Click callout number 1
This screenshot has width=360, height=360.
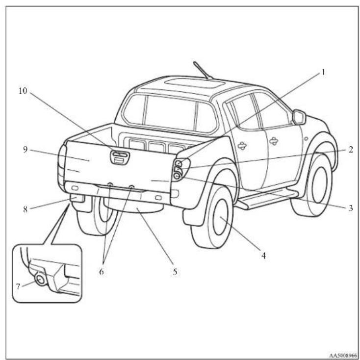click(x=323, y=72)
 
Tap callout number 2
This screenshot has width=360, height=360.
click(x=350, y=150)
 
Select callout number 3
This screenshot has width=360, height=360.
click(x=351, y=208)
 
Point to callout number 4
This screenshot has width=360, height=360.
click(x=263, y=256)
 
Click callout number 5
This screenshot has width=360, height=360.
click(x=175, y=272)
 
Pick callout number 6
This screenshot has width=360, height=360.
click(x=101, y=272)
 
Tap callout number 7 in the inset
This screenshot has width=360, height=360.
click(x=18, y=286)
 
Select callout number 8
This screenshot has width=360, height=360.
click(x=25, y=209)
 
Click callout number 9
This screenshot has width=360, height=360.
click(x=25, y=150)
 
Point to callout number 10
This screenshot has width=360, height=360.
click(x=23, y=91)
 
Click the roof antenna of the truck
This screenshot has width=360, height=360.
click(x=203, y=71)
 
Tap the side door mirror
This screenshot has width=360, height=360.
click(x=299, y=117)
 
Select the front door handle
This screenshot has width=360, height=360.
click(x=274, y=141)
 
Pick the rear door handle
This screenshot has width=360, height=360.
click(x=242, y=145)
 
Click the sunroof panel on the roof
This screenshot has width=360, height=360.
click(x=194, y=83)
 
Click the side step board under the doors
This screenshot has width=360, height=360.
click(x=267, y=199)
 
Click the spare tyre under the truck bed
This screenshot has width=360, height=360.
click(x=133, y=206)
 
